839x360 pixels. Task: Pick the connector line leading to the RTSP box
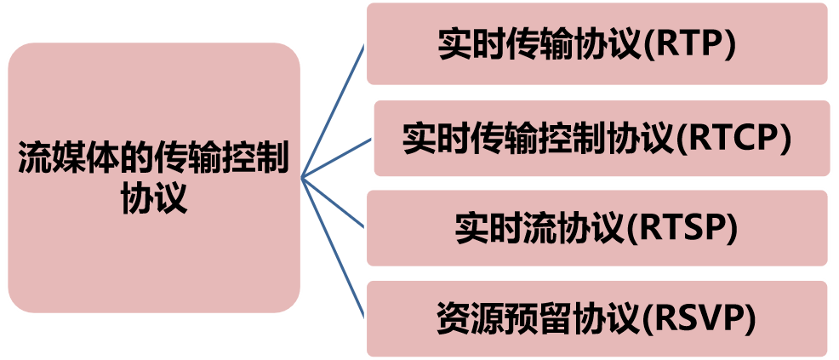point(334,203)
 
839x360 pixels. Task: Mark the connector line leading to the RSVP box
point(334,246)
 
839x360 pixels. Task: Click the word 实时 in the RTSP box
point(488,230)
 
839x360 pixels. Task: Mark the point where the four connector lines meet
point(303,179)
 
